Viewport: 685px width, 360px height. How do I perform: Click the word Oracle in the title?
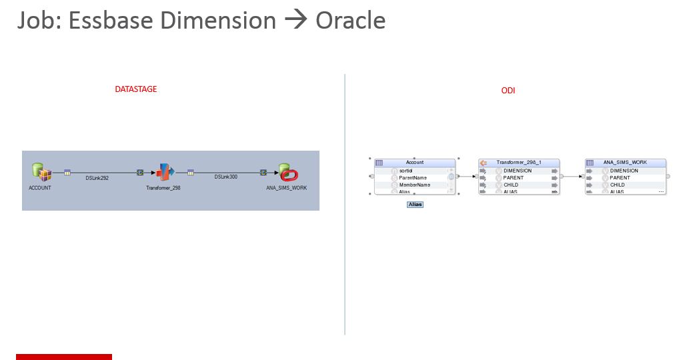(350, 21)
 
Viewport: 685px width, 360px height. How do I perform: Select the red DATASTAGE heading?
(136, 89)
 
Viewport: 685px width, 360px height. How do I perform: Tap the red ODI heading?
(508, 91)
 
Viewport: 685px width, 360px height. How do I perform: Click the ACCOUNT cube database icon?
(41, 173)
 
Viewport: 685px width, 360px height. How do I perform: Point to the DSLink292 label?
(97, 178)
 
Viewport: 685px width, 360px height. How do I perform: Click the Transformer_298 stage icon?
(164, 173)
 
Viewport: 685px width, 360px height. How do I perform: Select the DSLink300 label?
(225, 177)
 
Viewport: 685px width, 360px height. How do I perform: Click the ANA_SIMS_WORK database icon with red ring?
(287, 173)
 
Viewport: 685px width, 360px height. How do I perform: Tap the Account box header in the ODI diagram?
(414, 163)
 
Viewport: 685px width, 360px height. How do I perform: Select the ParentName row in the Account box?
(414, 178)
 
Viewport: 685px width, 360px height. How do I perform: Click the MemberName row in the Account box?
(414, 185)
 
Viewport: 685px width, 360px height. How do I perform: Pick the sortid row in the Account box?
(406, 171)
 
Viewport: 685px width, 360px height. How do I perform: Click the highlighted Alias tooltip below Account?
(415, 205)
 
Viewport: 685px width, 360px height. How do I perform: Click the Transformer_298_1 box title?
(518, 163)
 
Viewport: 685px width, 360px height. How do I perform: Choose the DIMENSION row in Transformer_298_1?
(518, 171)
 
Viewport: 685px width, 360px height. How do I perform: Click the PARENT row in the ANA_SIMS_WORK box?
(620, 178)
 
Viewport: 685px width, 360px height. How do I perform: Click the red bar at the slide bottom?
(64, 357)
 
